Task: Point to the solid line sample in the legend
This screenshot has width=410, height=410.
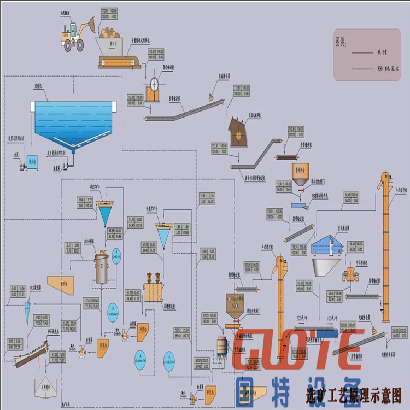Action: pos(364,53)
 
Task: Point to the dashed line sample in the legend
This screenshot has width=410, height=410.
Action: pos(364,68)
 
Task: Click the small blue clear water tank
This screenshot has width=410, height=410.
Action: pos(32,161)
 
